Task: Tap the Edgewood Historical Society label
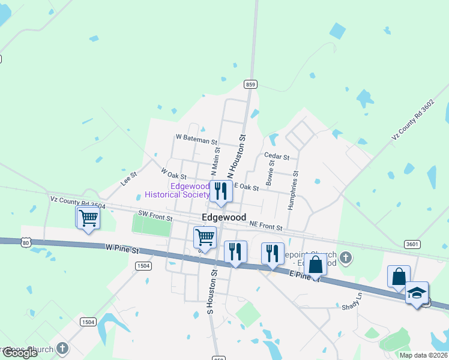[178, 190]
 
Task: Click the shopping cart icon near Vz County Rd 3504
[88, 218]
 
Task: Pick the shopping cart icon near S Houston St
[205, 238]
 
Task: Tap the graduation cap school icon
[417, 293]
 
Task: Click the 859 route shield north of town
[251, 85]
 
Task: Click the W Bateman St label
[196, 139]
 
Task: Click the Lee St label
[129, 178]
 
